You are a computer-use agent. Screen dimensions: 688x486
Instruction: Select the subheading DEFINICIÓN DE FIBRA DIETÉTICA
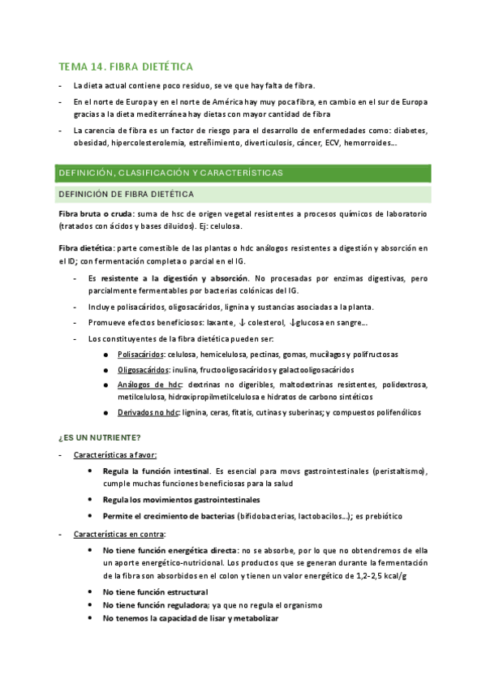point(123,195)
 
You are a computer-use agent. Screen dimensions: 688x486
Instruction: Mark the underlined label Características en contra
point(118,534)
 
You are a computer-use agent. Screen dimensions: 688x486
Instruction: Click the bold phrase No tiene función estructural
point(155,592)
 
